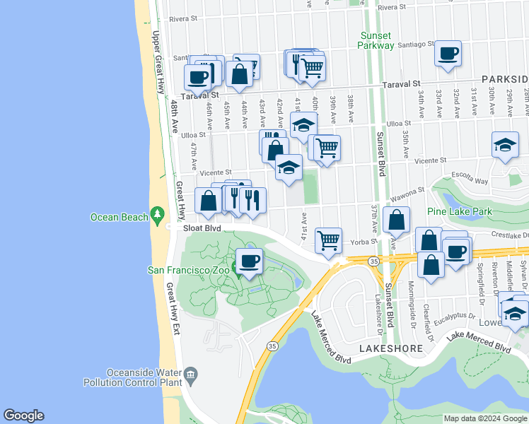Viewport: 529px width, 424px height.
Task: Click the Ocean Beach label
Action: point(118,217)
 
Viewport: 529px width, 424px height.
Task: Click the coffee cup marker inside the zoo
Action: point(248,261)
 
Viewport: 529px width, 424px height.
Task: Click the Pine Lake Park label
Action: point(460,211)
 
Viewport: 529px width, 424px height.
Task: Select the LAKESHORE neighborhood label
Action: point(390,348)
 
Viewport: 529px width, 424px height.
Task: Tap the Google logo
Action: point(23,416)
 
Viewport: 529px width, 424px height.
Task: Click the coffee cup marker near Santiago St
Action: point(448,54)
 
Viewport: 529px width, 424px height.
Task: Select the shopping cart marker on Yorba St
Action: point(329,240)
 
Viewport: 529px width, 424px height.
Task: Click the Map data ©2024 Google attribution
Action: point(484,418)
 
